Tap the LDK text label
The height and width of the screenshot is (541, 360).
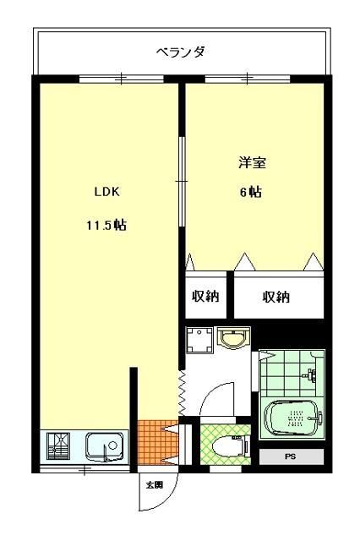[106, 192]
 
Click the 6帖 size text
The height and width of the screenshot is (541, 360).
[250, 192]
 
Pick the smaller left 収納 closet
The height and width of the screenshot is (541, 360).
[205, 297]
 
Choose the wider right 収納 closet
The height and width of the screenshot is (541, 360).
[276, 297]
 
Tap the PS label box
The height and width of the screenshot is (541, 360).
[291, 457]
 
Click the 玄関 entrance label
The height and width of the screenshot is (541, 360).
[154, 485]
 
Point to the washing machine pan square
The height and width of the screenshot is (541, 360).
[199, 341]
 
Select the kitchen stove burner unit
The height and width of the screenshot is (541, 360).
[59, 445]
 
